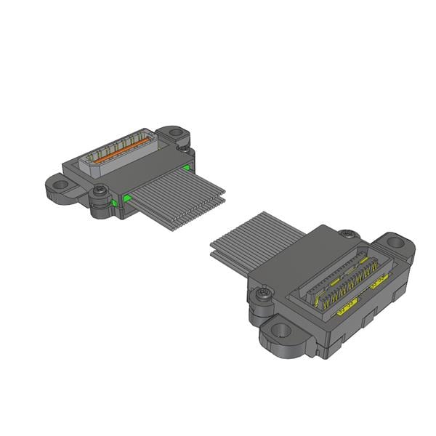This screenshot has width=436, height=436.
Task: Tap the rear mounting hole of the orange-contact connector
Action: (175, 134)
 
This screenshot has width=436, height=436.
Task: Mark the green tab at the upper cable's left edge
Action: (126, 197)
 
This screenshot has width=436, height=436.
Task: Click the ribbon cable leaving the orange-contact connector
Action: (178, 200)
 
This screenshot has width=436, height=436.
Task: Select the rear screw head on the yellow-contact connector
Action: (350, 234)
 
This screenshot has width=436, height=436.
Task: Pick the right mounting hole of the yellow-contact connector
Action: (396, 243)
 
